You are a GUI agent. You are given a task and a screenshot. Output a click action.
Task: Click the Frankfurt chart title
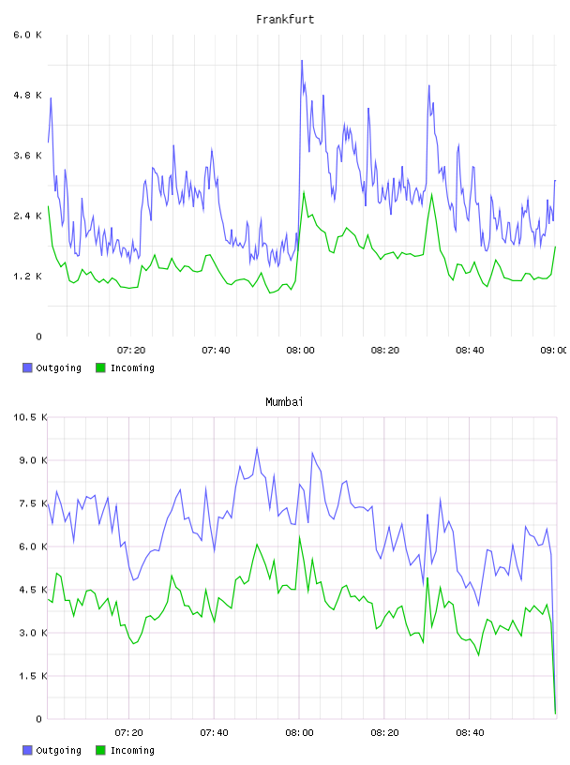[285, 20]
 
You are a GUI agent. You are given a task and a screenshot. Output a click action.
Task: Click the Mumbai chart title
[284, 402]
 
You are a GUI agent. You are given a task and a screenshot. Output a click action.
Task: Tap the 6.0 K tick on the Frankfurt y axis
[28, 35]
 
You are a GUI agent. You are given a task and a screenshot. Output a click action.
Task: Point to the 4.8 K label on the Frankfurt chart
[28, 95]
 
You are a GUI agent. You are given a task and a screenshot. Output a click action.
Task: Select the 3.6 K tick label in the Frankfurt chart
[28, 156]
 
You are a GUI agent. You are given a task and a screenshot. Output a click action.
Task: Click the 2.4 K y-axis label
[28, 216]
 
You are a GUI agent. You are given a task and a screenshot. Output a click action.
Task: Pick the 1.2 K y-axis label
[28, 277]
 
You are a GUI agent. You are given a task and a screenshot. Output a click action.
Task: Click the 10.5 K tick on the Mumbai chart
[30, 417]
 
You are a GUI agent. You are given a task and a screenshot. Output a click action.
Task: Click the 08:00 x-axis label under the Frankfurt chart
[301, 351]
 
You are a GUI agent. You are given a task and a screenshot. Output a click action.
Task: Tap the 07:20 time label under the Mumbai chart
[128, 733]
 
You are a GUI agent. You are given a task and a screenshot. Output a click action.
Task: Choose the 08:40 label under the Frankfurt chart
[470, 351]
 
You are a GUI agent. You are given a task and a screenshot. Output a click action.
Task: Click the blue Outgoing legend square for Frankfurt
[27, 367]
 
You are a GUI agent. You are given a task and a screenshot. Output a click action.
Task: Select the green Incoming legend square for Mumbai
[100, 750]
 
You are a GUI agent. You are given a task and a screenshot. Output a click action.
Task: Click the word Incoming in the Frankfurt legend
[132, 368]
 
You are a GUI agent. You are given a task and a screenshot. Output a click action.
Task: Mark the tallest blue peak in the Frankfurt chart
[302, 61]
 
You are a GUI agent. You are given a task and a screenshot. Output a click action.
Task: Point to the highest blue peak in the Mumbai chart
[257, 448]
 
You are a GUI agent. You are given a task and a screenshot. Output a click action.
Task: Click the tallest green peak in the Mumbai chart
[300, 536]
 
